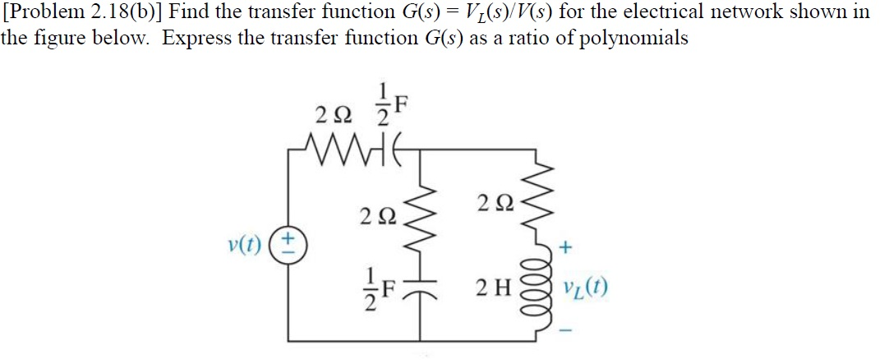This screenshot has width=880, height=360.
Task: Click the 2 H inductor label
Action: (495, 289)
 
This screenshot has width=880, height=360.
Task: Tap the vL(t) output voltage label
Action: (586, 289)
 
